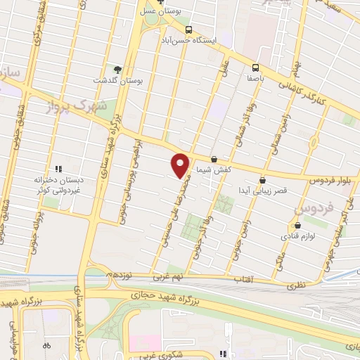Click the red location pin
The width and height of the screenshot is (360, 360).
pos(181,165)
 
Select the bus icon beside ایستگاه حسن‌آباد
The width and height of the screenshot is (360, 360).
pos(188,30)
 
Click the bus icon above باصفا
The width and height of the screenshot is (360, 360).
pos(255,67)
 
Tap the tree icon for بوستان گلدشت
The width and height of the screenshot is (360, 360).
pos(117,70)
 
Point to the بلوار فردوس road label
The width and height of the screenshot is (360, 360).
pos(330,181)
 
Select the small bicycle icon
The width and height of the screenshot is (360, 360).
pos(46,346)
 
